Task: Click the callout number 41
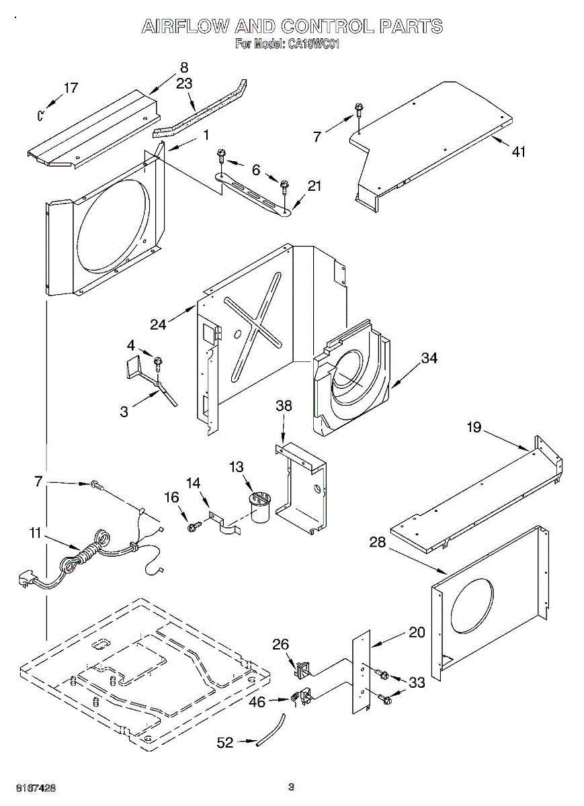coord(517,152)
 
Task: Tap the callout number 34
coord(429,359)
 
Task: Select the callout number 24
coord(159,324)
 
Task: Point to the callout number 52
coord(225,742)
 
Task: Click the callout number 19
coord(474,427)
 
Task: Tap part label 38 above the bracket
coord(284,406)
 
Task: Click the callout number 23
coord(184,83)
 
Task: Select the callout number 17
coord(71,88)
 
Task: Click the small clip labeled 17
coord(40,116)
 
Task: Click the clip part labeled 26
coord(301,668)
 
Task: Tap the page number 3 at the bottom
coord(291,787)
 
